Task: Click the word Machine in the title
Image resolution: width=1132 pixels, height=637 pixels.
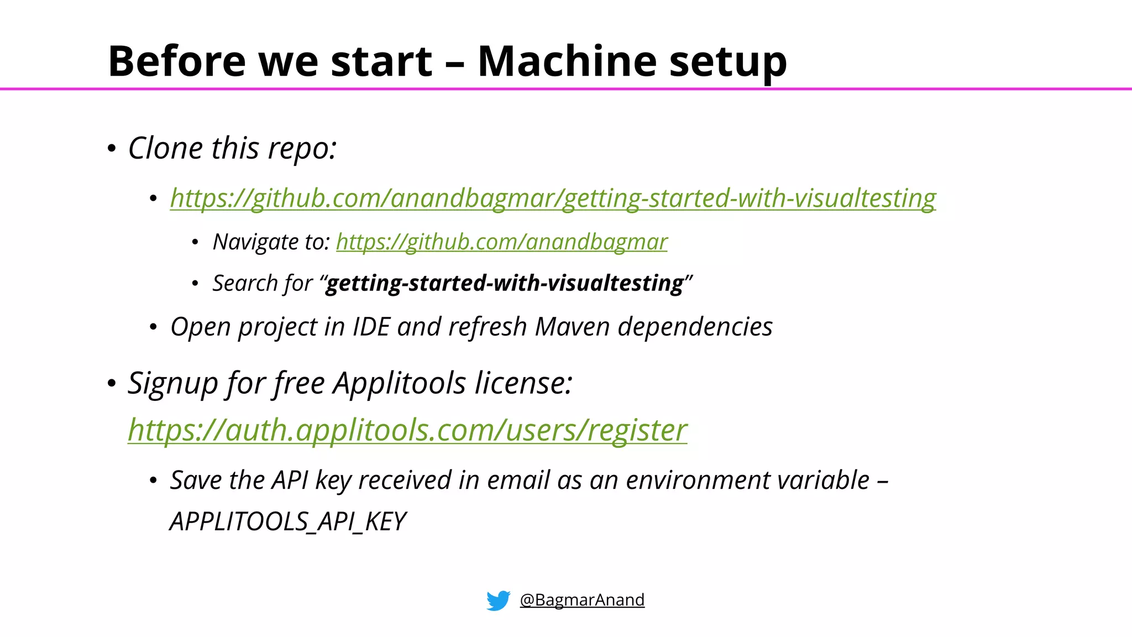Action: coord(568,61)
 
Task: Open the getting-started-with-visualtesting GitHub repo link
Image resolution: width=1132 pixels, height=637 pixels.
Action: coord(553,198)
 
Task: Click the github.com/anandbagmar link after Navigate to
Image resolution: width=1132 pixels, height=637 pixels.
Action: coord(501,242)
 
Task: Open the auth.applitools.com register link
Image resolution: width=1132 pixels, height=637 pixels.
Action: coord(407,430)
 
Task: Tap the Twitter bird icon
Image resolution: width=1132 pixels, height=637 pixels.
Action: coord(498,600)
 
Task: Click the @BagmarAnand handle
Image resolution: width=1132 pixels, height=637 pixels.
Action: coord(582,600)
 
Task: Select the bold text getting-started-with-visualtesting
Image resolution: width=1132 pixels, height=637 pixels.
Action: coord(505,283)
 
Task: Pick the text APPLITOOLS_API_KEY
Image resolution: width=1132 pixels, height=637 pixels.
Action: coord(287,521)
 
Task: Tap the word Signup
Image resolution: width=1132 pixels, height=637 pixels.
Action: coord(173,383)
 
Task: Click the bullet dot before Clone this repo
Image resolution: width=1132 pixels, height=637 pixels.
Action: coord(112,149)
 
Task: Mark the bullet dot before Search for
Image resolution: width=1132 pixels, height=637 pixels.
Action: coord(195,284)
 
